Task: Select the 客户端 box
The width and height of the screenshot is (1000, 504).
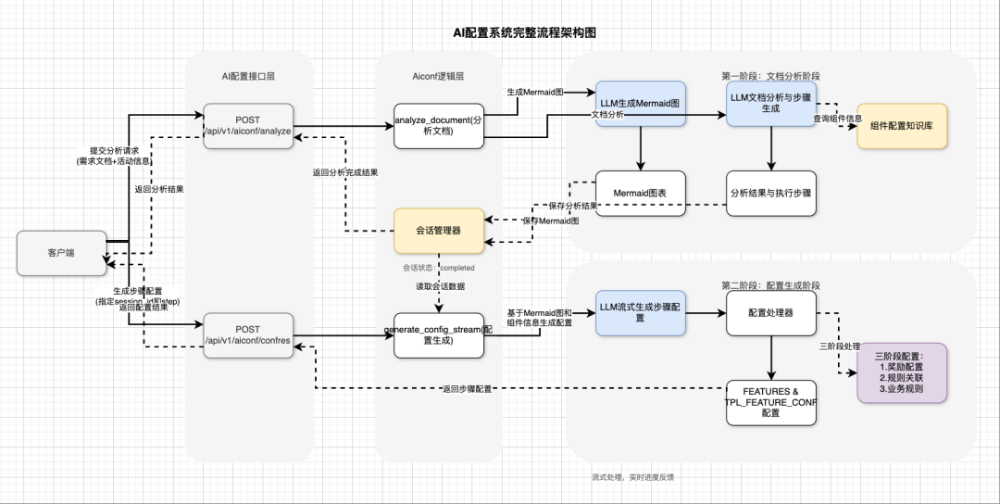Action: [61, 252]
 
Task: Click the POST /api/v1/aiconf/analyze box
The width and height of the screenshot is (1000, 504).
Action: [248, 126]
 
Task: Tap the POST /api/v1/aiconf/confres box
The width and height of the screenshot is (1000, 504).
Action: [248, 335]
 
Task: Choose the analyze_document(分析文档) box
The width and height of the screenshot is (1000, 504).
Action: [439, 126]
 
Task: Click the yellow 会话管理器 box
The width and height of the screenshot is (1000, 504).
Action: [439, 230]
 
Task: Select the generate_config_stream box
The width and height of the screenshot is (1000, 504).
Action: [439, 335]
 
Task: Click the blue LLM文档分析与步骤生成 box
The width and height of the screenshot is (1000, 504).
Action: [771, 104]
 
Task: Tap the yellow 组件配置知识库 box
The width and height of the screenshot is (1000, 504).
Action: [902, 126]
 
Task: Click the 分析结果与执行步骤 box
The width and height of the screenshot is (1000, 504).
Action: [771, 194]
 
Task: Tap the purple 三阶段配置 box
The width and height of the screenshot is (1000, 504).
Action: [901, 372]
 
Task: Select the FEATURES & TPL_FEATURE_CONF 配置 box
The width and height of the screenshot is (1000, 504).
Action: [771, 402]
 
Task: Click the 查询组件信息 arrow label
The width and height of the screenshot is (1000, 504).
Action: [838, 119]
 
